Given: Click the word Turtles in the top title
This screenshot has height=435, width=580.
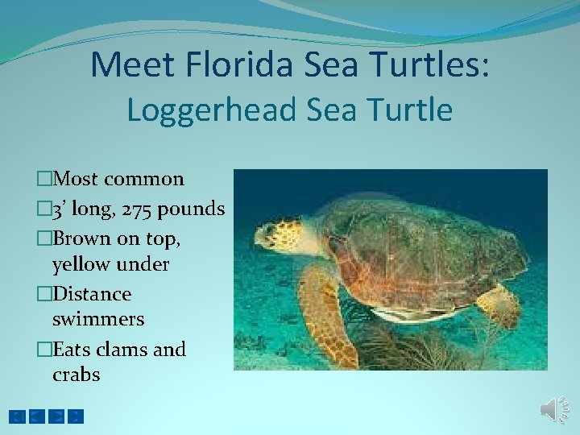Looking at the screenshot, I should [437, 64].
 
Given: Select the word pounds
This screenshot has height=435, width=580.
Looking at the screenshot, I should [192, 209].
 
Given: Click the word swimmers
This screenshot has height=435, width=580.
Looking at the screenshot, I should [97, 319].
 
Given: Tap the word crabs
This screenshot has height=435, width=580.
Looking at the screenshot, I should [76, 375].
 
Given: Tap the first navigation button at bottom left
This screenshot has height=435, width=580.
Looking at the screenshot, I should [17, 416].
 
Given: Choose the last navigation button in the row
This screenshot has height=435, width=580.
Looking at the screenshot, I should [75, 416].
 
